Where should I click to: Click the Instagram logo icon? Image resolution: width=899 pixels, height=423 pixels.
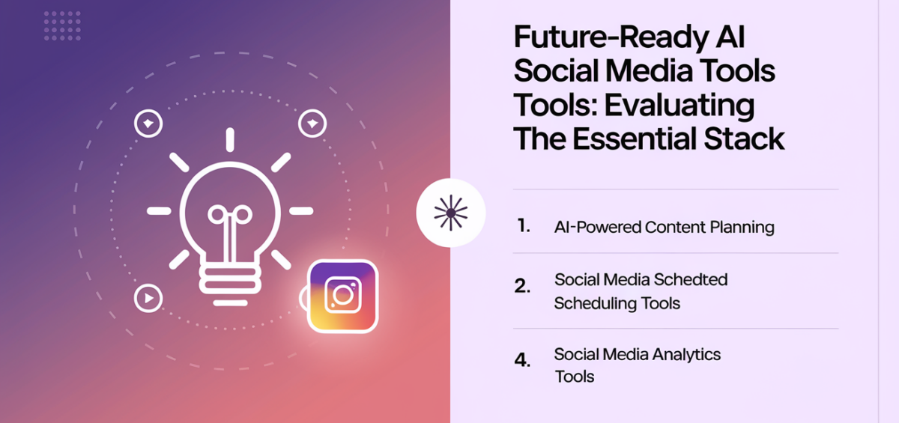tap(343, 295)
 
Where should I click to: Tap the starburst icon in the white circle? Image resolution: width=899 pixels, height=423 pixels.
tap(450, 213)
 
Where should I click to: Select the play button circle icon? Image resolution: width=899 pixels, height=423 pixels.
tap(148, 299)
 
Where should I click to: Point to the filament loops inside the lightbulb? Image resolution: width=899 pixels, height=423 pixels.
tap(229, 216)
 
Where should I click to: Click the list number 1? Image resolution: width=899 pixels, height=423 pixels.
tap(523, 226)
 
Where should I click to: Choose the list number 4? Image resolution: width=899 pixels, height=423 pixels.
tap(522, 360)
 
